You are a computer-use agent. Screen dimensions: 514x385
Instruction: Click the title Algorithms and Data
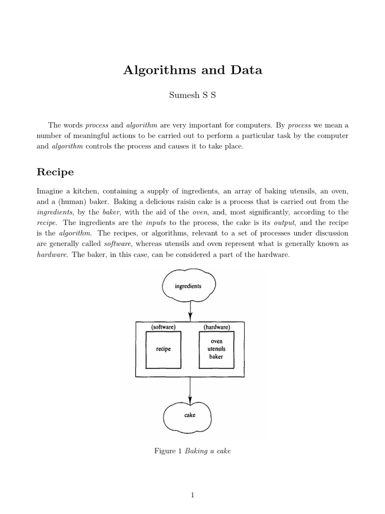[x=192, y=70]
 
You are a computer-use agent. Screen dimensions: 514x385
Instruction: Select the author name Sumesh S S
[x=192, y=96]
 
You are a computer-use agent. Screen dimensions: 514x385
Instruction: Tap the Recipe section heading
[x=55, y=172]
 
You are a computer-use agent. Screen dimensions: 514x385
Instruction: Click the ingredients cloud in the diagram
[x=188, y=286]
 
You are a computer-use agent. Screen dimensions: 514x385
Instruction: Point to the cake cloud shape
[x=189, y=416]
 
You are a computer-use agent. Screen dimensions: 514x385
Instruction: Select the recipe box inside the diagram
[x=163, y=349]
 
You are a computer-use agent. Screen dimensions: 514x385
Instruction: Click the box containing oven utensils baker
[x=217, y=349]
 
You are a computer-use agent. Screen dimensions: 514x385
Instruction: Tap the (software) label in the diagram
[x=163, y=327]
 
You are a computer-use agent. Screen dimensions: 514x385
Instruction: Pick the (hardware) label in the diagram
[x=217, y=327]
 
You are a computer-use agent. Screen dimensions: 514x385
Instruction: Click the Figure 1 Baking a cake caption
[x=192, y=451]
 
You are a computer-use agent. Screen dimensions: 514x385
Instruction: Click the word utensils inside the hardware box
[x=217, y=349]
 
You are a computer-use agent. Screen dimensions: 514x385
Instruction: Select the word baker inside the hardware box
[x=217, y=357]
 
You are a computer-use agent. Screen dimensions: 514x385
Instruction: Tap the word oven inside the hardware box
[x=217, y=341]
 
